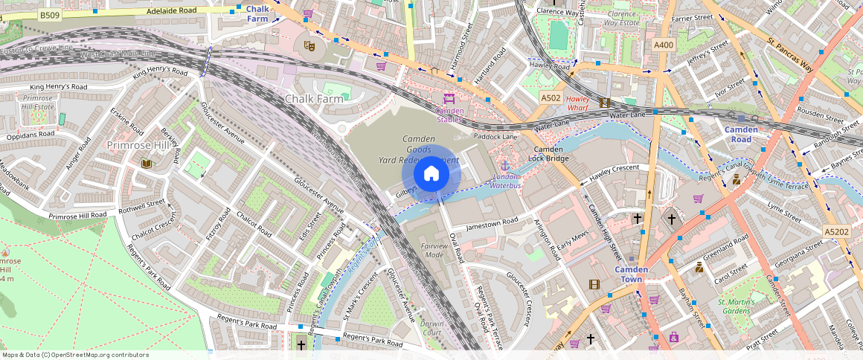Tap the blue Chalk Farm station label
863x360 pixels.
point(257,13)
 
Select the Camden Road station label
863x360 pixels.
point(742,135)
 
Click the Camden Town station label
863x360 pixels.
point(632,274)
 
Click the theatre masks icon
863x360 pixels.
point(309,45)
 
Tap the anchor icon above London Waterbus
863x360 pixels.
point(505,165)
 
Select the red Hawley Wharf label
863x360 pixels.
point(577,103)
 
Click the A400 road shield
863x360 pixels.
point(664,45)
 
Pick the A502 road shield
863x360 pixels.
point(551,98)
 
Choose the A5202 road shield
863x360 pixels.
point(836,233)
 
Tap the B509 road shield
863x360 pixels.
point(50,15)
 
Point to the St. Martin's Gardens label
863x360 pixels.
point(736,306)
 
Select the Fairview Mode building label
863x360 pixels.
point(434,250)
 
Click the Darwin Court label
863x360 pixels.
point(432,328)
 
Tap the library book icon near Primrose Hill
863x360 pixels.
point(146,163)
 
